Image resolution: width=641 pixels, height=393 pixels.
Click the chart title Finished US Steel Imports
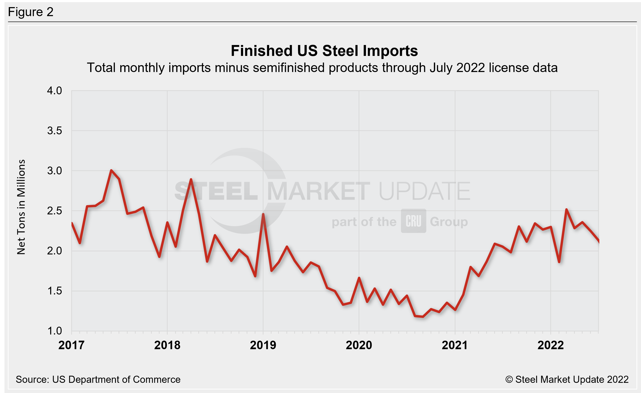(x=324, y=51)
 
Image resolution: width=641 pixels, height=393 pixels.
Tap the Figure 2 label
(x=31, y=12)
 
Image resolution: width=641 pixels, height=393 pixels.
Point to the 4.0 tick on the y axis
(x=54, y=91)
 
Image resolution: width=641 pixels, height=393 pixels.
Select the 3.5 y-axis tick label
(x=54, y=131)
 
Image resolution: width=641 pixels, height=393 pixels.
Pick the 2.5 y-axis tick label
(x=54, y=211)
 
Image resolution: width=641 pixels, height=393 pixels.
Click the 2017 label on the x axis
(x=71, y=345)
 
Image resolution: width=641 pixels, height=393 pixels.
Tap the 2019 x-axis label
(x=263, y=345)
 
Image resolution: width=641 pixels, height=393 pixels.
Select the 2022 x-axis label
(x=551, y=345)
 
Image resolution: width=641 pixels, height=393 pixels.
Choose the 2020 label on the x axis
(x=359, y=345)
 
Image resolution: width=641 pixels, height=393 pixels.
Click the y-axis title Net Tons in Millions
(x=21, y=207)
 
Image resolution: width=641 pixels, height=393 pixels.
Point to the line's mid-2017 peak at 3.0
(x=111, y=171)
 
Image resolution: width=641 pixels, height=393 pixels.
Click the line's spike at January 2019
(x=263, y=214)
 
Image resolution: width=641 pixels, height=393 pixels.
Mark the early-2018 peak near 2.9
(x=191, y=179)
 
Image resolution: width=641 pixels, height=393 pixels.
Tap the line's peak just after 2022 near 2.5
(x=566, y=209)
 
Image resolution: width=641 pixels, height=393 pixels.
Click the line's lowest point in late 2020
(x=423, y=316)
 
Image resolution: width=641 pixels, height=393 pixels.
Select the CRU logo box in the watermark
(x=413, y=221)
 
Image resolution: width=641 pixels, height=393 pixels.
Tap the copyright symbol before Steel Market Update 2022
(x=509, y=379)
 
